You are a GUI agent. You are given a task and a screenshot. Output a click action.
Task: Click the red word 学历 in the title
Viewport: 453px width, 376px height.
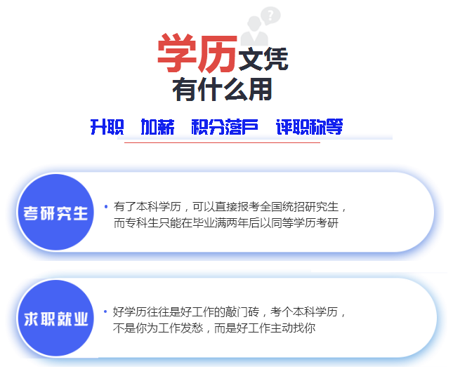(x=197, y=53)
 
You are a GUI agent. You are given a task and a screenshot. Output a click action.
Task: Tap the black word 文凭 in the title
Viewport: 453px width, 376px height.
(x=263, y=59)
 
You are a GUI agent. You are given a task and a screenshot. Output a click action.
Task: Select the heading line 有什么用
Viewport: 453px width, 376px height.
(x=222, y=89)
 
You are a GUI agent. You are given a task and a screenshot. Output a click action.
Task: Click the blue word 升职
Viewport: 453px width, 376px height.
(x=107, y=127)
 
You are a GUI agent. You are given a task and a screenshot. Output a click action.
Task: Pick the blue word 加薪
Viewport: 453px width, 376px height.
(x=157, y=127)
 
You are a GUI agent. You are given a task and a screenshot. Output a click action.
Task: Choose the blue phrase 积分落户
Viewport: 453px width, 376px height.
(x=225, y=127)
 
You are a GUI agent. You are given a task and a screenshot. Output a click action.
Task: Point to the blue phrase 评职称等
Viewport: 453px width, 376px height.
(x=310, y=127)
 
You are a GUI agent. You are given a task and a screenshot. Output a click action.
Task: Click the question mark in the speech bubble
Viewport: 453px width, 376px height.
(x=270, y=15)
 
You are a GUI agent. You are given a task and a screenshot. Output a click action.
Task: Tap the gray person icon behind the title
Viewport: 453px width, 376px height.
(x=254, y=31)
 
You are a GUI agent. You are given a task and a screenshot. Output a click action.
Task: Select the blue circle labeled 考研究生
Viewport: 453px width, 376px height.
(x=55, y=212)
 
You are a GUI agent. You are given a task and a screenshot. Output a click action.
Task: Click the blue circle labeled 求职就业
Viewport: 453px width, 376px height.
(x=55, y=318)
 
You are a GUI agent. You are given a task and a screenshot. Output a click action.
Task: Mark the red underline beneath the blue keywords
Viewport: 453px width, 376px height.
(x=222, y=142)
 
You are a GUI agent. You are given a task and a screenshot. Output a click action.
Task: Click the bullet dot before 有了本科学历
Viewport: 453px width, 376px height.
(x=106, y=206)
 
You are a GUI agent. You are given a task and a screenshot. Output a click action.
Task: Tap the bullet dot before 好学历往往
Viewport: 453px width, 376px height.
(x=105, y=311)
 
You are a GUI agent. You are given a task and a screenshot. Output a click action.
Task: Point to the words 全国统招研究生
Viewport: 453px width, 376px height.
(x=299, y=207)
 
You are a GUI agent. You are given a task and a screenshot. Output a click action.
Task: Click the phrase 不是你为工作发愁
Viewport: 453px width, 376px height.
(x=158, y=328)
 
